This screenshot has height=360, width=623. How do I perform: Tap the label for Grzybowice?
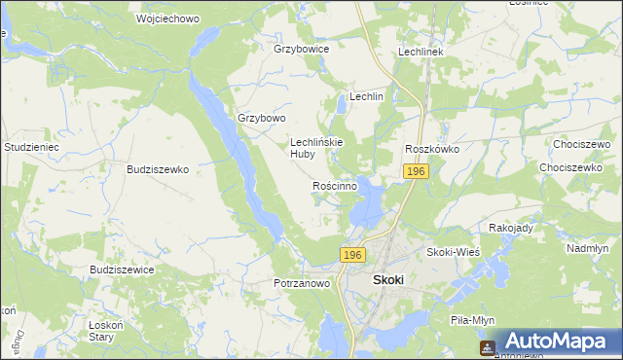click(x=301, y=48)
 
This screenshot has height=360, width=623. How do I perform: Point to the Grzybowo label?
click(x=262, y=118)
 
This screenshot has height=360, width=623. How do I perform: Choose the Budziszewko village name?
click(x=157, y=168)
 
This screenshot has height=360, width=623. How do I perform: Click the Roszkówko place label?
click(x=431, y=149)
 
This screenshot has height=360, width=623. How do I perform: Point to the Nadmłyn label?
click(x=587, y=248)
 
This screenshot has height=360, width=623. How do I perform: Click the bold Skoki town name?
click(x=388, y=280)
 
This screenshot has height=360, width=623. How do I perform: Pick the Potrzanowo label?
click(x=302, y=283)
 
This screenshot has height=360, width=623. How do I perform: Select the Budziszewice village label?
click(x=122, y=270)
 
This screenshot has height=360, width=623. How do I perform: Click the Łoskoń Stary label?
click(x=101, y=331)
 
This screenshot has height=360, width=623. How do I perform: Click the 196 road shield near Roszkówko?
click(x=416, y=171)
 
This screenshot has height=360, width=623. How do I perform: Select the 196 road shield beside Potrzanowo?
click(x=352, y=254)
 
